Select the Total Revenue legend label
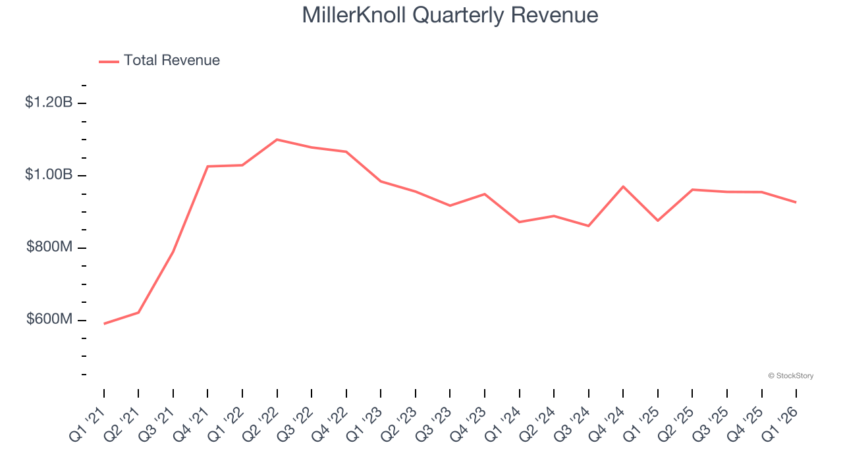[171, 61]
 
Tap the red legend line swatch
[109, 61]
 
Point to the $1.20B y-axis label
[49, 103]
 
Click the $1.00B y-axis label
[49, 175]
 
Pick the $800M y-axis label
[49, 247]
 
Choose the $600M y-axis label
[49, 319]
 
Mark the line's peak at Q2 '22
[277, 140]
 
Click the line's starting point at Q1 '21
[104, 323]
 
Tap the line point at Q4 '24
[623, 186]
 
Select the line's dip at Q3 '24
[588, 226]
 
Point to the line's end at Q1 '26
[796, 202]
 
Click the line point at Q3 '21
[173, 251]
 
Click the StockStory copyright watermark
[790, 376]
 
